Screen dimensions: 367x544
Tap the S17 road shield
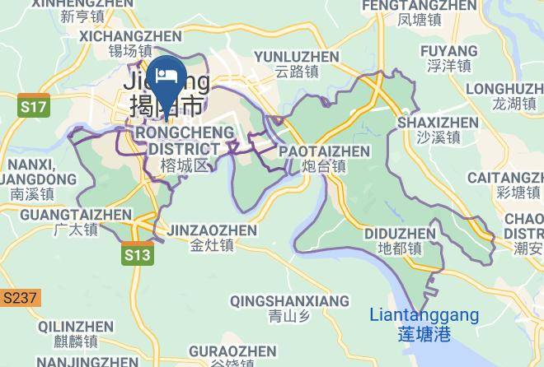[35, 106]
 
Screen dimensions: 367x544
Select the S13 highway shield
[138, 255]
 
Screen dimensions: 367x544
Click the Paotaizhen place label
[324, 158]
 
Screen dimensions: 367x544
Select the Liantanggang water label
[424, 324]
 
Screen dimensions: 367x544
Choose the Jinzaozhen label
[212, 238]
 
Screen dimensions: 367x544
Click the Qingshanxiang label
[289, 308]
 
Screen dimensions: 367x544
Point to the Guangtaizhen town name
[76, 222]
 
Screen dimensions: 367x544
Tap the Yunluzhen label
[297, 64]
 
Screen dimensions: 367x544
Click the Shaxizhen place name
[437, 130]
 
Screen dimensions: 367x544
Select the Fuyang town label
[449, 58]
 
